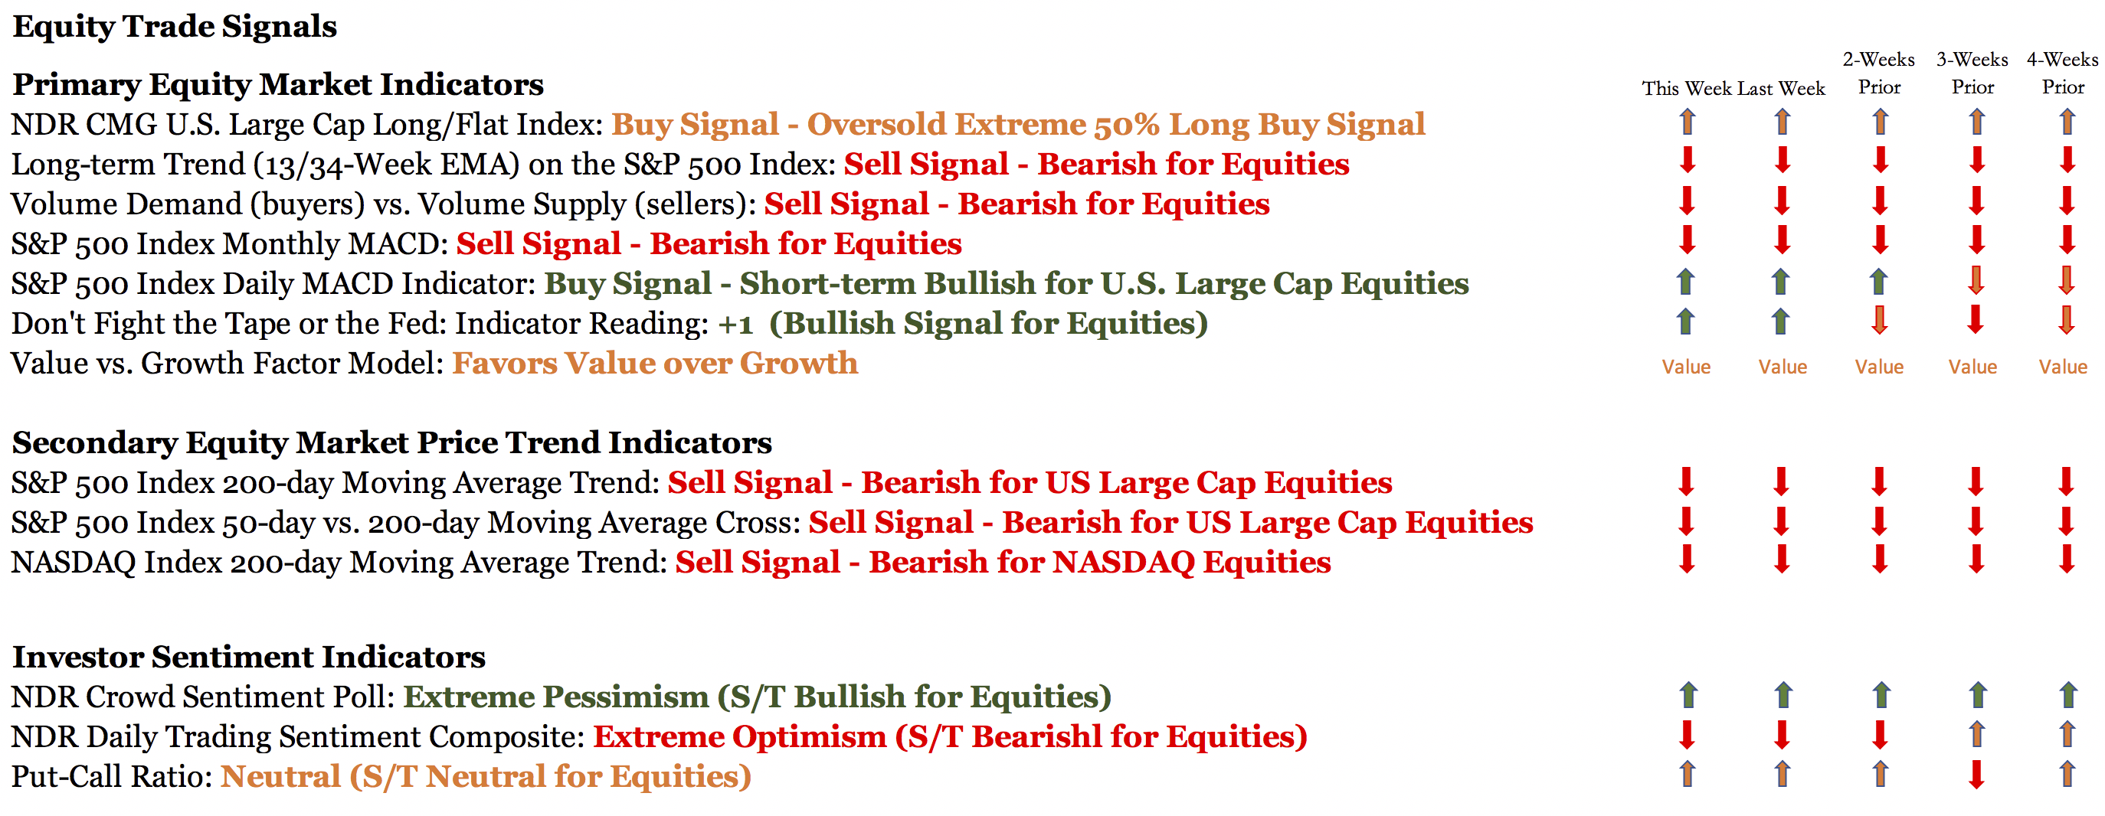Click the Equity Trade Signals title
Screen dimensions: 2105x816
coord(175,27)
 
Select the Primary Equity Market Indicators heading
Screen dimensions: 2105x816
coord(278,85)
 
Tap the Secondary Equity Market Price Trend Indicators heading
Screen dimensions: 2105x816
coord(392,442)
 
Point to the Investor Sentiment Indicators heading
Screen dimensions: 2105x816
coord(249,658)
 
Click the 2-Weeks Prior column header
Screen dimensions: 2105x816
coord(1879,73)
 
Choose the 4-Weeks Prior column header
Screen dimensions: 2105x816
coord(2063,73)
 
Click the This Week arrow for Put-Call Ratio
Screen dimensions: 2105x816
coord(1688,774)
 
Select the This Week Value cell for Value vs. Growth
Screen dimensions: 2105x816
coord(1686,367)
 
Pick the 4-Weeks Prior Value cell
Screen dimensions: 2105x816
coord(2063,367)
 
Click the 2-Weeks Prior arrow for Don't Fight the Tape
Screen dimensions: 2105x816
coord(1880,320)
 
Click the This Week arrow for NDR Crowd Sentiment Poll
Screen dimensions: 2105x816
coord(1688,695)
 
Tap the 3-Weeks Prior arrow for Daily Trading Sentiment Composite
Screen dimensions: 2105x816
coord(1978,734)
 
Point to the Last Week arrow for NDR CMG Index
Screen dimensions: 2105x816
coord(1783,122)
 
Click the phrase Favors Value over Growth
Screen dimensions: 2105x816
coord(656,364)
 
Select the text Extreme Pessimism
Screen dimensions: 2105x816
coord(555,697)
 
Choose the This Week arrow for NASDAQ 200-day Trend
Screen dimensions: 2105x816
coord(1687,560)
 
